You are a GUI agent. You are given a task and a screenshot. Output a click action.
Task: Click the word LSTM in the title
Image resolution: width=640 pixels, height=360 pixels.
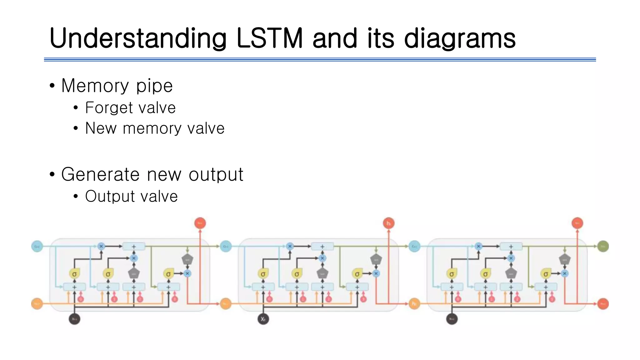270,38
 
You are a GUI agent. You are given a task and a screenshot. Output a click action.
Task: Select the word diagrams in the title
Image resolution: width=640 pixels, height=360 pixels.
459,39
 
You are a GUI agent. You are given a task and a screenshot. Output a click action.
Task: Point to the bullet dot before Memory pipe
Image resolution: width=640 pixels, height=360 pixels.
52,86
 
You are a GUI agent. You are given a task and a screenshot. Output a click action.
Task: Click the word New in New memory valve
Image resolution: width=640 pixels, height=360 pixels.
101,128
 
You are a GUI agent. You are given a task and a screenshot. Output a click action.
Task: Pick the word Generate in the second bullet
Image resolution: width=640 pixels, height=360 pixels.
100,174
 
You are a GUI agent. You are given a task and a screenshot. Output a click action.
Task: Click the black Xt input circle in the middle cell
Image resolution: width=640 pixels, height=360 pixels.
263,319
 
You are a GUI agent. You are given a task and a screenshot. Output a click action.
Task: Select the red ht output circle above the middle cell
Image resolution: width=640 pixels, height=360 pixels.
389,223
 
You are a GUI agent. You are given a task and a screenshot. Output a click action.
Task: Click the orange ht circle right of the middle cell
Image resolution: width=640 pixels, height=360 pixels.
414,303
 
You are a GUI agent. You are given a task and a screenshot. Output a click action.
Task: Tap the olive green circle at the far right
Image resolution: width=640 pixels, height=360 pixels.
603,246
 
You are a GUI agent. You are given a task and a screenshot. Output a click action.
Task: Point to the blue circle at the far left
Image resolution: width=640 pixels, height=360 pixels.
37,246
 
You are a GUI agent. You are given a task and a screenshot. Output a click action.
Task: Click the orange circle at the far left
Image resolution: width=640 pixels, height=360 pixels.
37,303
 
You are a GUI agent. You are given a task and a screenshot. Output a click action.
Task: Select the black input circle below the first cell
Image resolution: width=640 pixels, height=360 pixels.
74,319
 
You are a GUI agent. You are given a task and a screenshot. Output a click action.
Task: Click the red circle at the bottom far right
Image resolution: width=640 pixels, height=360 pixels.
603,303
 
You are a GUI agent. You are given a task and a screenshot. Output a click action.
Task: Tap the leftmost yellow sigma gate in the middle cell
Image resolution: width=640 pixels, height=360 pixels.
263,274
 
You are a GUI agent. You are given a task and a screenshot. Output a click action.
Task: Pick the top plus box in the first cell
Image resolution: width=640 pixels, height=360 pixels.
134,247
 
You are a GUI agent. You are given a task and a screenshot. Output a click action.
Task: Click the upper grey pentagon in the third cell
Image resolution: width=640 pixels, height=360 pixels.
565,259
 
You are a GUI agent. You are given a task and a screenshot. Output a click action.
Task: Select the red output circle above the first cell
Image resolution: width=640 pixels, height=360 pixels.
200,223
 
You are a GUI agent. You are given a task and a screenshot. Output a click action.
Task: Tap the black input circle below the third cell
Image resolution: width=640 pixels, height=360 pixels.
452,319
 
